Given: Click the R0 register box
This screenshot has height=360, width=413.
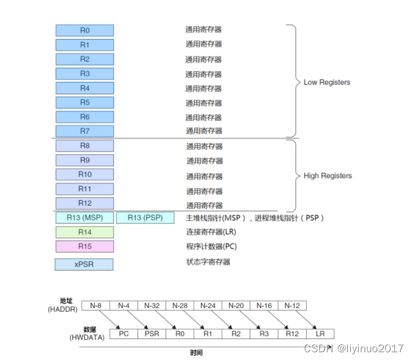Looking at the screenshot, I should [x=85, y=30].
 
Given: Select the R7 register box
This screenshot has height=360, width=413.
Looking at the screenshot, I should [x=85, y=131].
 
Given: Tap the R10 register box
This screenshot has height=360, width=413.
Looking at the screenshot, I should [x=85, y=174].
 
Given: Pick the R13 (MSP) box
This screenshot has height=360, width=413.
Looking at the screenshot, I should [x=85, y=218].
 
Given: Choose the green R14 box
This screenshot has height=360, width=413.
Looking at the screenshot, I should [x=85, y=232].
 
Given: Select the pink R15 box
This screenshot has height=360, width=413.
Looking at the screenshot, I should [x=85, y=247].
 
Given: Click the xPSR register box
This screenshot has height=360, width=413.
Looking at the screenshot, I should [x=85, y=264].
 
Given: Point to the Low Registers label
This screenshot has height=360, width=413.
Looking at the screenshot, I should [x=327, y=82].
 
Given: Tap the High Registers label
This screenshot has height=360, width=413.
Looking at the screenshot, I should [x=328, y=176].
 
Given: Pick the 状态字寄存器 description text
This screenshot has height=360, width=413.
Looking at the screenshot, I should [x=208, y=262].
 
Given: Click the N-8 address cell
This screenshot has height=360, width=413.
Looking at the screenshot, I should [x=95, y=305].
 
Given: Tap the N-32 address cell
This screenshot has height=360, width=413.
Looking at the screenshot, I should [x=152, y=305].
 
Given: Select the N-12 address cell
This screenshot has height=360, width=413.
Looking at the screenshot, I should [x=292, y=305].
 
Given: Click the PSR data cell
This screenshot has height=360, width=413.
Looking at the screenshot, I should [x=152, y=334].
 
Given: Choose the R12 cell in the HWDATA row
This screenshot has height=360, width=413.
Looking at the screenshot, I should [x=292, y=334].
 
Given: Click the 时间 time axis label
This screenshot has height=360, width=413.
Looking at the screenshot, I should [x=196, y=352].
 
